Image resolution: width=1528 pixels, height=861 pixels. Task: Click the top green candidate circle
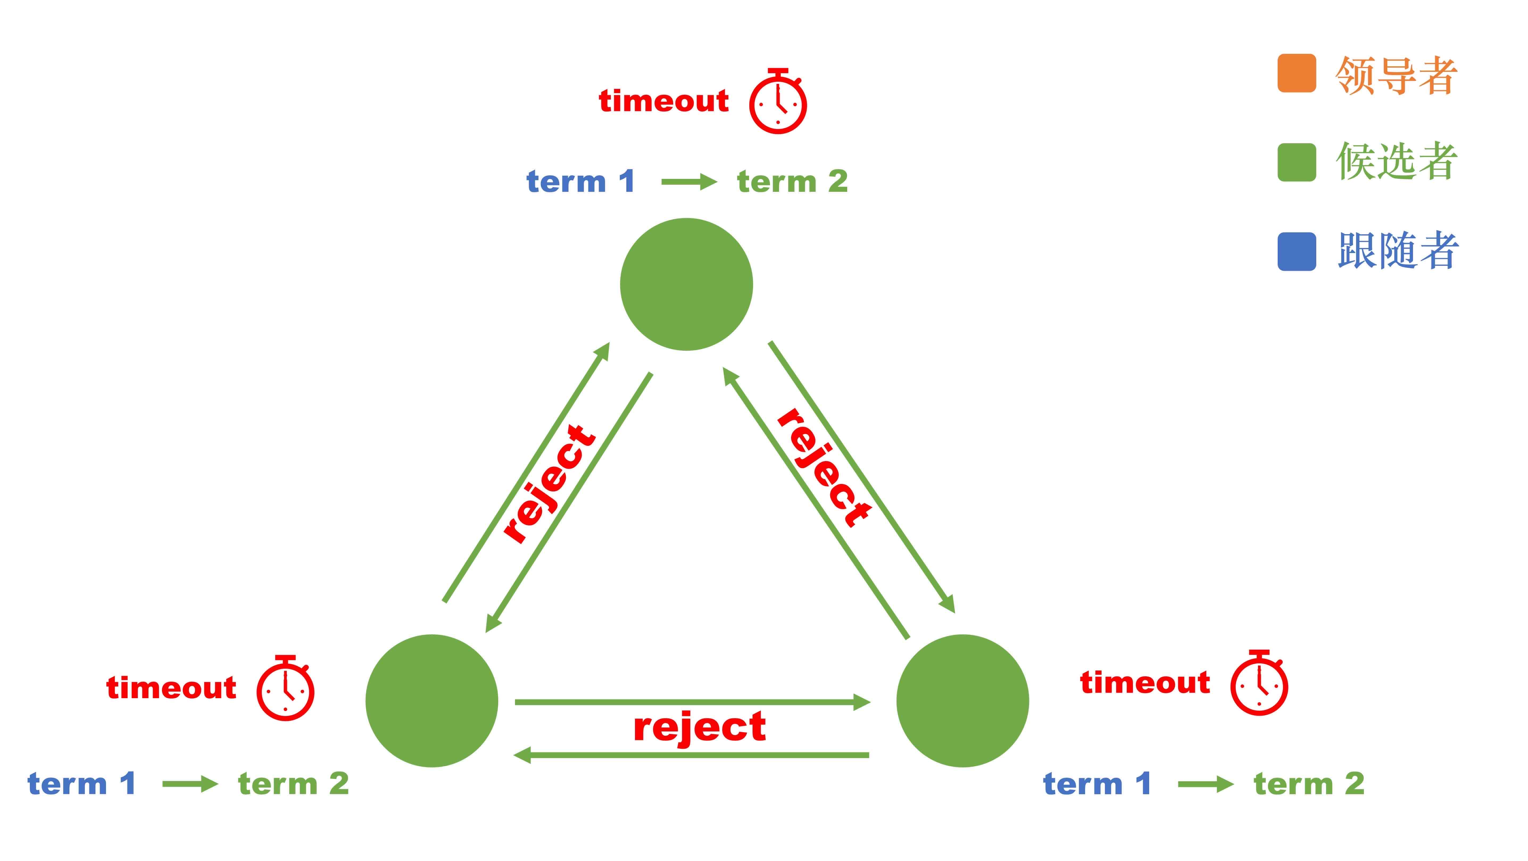point(686,284)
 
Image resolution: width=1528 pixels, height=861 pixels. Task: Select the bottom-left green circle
point(432,701)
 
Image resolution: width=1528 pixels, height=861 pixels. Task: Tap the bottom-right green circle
point(962,701)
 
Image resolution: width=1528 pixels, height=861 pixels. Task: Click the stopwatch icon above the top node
point(778,102)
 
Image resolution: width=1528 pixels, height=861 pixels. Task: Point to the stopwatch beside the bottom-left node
point(285,689)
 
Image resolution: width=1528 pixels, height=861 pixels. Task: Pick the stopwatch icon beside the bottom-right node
point(1259,684)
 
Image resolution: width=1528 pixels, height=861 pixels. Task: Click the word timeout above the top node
point(664,101)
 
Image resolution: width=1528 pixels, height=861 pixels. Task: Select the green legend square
point(1297,162)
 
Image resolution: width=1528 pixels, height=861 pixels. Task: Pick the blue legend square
point(1297,252)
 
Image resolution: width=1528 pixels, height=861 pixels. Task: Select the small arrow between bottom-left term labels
point(190,784)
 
